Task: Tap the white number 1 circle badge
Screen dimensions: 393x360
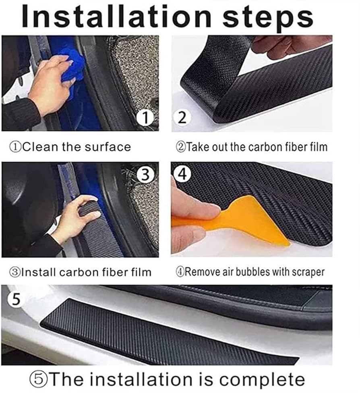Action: point(145,118)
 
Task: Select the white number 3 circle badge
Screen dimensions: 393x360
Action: point(145,174)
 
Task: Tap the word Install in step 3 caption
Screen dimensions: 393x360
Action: point(38,272)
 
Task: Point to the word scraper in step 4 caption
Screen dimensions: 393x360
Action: point(308,272)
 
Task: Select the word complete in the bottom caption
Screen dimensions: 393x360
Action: point(262,379)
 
